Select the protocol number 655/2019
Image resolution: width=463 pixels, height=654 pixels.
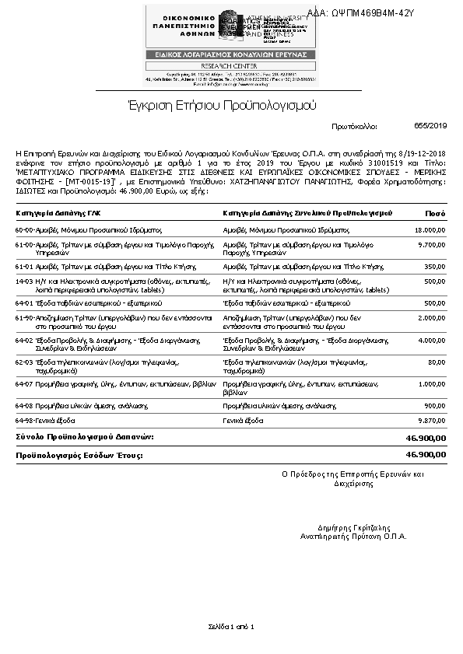[431, 125]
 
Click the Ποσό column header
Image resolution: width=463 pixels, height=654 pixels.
[435, 213]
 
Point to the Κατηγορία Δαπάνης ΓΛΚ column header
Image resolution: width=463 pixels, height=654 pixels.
[58, 213]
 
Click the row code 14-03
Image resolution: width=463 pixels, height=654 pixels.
[23, 281]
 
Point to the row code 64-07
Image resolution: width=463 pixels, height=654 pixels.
[23, 384]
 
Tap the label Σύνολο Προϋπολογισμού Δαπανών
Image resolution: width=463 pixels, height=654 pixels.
[86, 438]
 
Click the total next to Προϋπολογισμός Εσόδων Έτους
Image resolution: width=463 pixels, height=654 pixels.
[426, 454]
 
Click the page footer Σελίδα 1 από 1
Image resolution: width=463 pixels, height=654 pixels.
[231, 627]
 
